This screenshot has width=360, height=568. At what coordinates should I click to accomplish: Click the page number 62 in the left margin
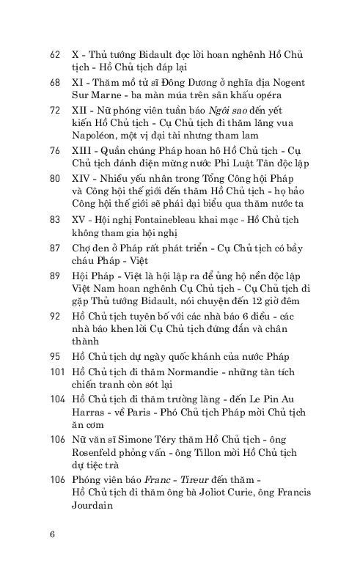[x=54, y=55]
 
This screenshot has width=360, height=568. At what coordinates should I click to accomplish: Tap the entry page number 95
[x=54, y=355]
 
